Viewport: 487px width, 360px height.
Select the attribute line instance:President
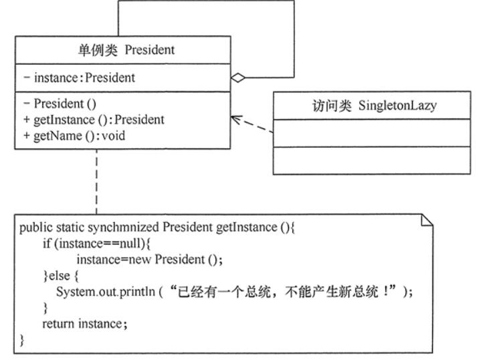[78, 78]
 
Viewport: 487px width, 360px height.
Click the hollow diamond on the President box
[237, 78]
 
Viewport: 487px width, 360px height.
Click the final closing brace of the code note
[23, 340]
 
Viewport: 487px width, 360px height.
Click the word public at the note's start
[33, 228]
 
